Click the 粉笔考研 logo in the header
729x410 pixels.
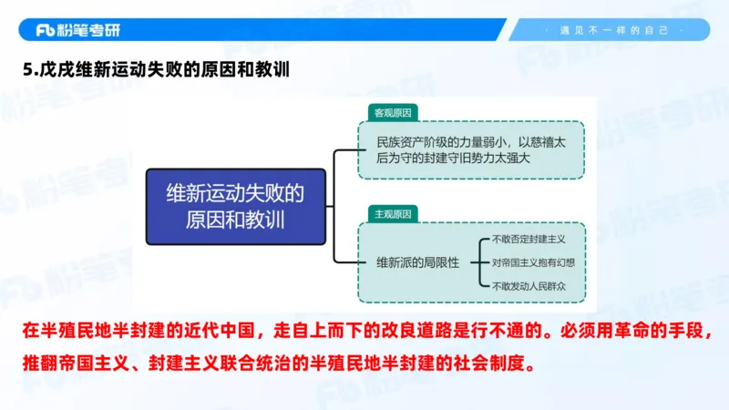(x=77, y=30)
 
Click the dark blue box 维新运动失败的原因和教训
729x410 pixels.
(x=235, y=206)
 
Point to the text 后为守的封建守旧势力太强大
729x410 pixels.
(x=447, y=158)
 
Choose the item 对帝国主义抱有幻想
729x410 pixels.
(x=533, y=262)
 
